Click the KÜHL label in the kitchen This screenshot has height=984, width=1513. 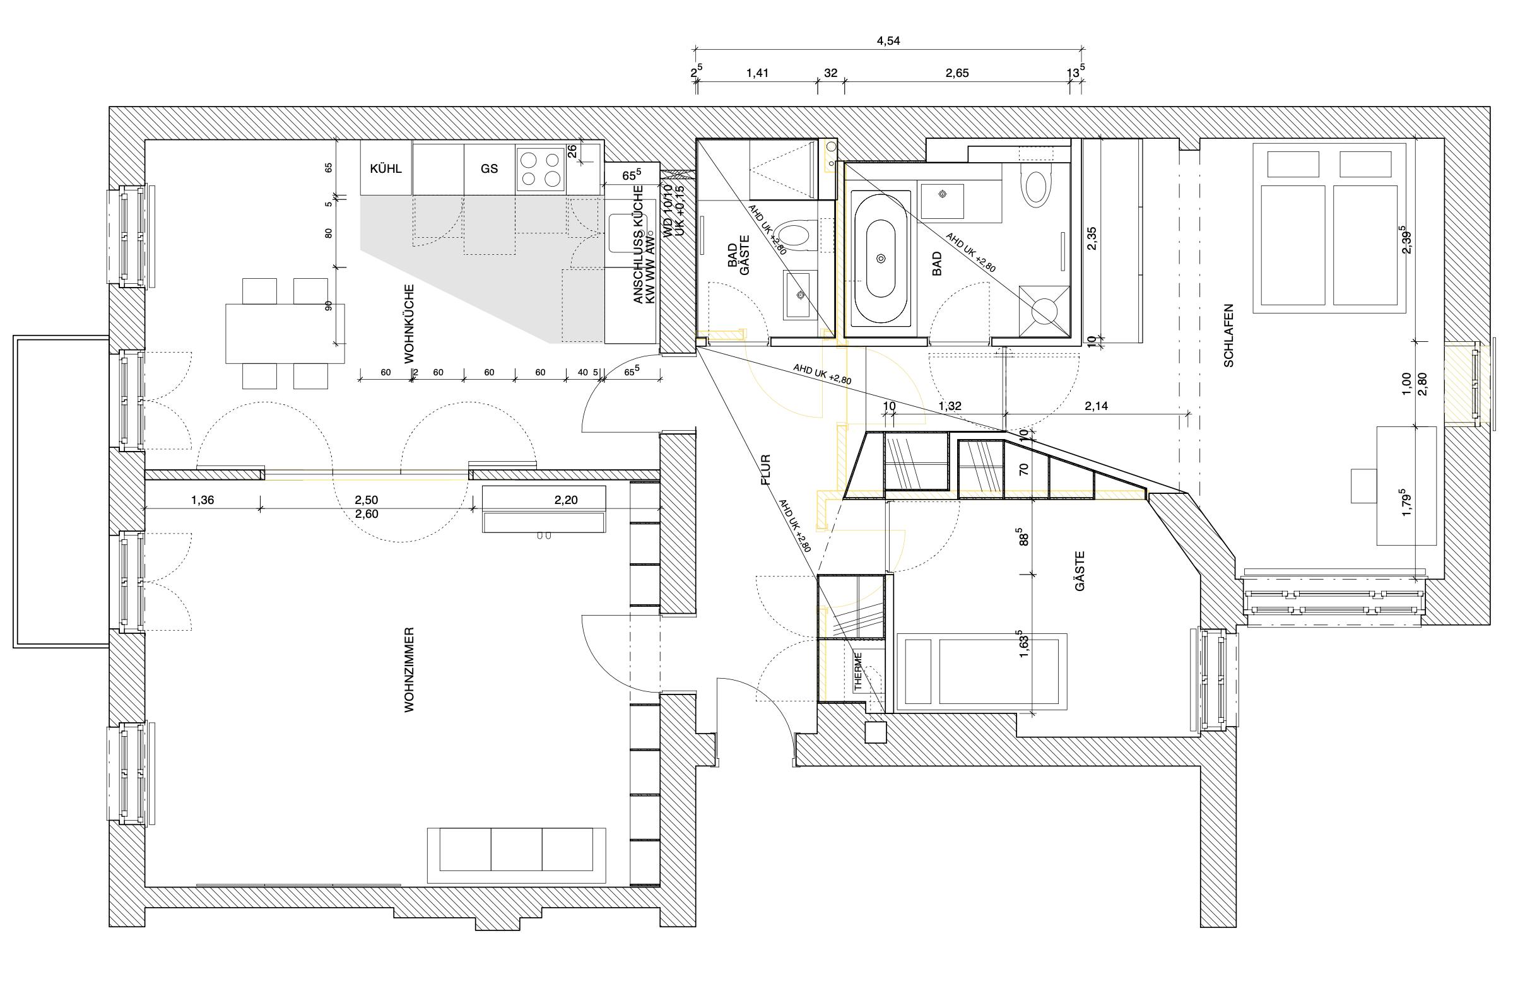tap(386, 168)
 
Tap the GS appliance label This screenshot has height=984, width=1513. tap(489, 168)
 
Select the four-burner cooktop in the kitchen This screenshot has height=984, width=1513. tap(540, 169)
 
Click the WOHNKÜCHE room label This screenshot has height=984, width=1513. tap(409, 324)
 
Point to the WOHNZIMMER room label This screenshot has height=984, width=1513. tap(409, 670)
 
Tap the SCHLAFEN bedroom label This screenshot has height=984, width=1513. tap(1228, 335)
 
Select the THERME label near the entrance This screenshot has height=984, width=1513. tap(857, 671)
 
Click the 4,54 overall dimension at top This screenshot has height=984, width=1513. tap(888, 42)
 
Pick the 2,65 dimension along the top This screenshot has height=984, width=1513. tap(957, 73)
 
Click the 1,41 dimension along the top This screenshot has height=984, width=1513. tap(757, 73)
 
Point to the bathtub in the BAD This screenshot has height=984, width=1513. tap(880, 258)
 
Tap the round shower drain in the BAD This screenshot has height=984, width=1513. tap(1043, 312)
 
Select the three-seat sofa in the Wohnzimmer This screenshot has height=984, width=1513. tap(516, 854)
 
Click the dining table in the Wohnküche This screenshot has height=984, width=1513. tap(285, 333)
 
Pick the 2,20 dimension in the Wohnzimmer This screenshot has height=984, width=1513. tap(566, 500)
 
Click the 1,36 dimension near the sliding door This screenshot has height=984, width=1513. tap(202, 500)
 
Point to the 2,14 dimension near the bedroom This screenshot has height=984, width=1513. tap(1096, 406)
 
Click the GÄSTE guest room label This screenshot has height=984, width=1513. tap(1080, 571)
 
